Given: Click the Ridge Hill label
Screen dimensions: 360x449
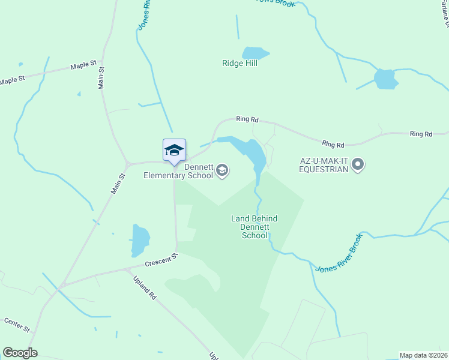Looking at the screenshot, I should tap(240, 63).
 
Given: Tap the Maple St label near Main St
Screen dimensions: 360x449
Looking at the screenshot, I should tap(83, 64).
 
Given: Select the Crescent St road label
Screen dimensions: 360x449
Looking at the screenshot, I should tap(161, 260).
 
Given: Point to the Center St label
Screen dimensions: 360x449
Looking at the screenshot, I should tap(17, 325).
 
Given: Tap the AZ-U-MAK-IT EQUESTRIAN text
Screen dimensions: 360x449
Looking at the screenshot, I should tap(324, 165).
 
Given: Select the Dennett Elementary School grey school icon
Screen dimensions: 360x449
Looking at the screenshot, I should tap(222, 171).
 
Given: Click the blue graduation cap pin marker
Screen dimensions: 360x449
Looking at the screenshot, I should tap(174, 150).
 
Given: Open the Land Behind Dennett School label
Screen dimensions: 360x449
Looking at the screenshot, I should tap(255, 227).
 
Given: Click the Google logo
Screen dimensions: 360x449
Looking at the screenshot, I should tap(20, 353).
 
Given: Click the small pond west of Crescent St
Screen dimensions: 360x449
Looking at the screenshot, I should tap(140, 239).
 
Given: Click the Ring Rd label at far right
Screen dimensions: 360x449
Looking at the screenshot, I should tap(420, 134).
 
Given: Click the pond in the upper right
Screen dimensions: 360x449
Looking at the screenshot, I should tap(385, 79).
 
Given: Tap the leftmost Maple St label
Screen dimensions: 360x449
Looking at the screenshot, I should tap(12, 79).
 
